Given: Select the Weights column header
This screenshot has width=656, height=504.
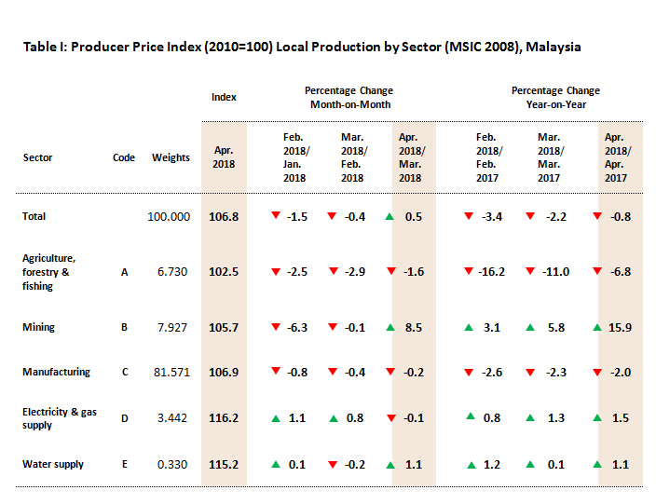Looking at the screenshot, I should (171, 157).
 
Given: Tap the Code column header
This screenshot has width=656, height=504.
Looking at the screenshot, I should (124, 157).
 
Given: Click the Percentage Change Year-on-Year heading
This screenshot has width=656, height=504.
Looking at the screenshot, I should (555, 98).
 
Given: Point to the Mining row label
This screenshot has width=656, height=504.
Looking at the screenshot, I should (38, 327).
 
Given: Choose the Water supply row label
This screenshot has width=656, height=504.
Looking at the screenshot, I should (53, 464).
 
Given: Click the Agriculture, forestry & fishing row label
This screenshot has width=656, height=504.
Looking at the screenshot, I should (48, 272).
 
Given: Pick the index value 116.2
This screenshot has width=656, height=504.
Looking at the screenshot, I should (224, 418).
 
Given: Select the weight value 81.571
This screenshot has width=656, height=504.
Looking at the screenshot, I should (171, 372).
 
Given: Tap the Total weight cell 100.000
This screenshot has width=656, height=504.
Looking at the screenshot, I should (169, 216).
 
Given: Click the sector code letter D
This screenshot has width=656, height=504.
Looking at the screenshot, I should (124, 418).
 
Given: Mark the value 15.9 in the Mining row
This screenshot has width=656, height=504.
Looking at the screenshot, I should (619, 327).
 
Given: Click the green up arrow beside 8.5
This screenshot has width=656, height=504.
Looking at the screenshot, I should (389, 327).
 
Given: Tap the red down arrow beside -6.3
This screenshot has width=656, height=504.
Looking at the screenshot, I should (276, 327).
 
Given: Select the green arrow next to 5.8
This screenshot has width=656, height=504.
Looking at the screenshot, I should (529, 327).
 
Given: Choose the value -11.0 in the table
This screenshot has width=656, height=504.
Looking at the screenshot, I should (555, 272).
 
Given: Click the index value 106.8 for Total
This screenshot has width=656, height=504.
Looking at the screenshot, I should (224, 216).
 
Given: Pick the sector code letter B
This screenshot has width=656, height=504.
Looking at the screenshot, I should (124, 327).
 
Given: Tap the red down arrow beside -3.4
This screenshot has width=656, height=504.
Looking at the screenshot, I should (469, 216).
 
